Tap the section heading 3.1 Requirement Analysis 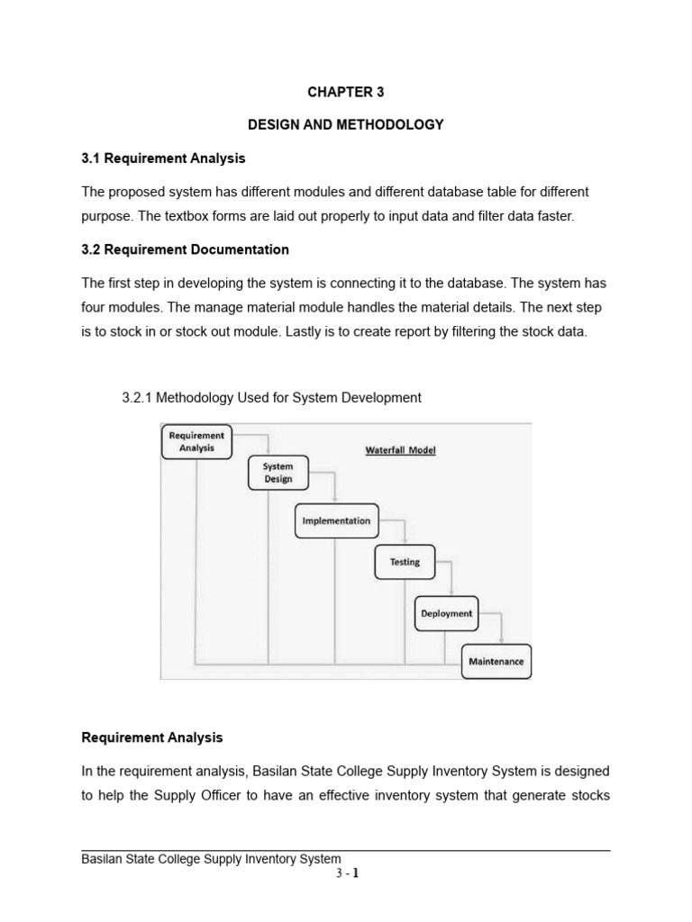click(163, 158)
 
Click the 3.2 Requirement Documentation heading click(185, 249)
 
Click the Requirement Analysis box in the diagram click(196, 441)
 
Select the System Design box click(278, 473)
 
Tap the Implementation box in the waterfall click(336, 520)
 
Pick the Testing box click(405, 562)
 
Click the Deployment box click(446, 613)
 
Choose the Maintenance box click(496, 662)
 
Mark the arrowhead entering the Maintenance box click(501, 640)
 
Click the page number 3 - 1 click(345, 872)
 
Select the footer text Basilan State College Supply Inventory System click(211, 859)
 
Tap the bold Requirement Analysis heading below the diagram click(151, 737)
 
